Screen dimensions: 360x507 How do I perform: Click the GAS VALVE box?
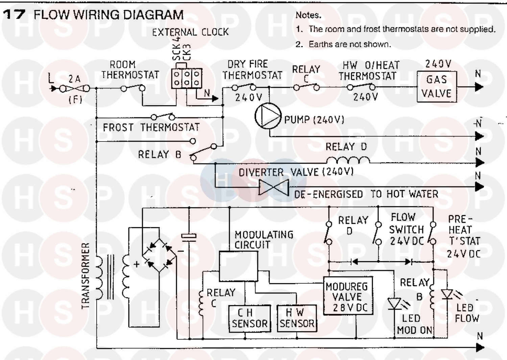[x=436, y=86]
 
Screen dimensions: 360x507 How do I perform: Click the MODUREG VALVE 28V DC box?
[x=348, y=296]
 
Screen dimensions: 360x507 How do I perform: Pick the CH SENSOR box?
[x=250, y=318]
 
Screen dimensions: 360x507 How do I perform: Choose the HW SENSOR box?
[x=297, y=318]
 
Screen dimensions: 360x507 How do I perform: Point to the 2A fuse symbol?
[x=75, y=89]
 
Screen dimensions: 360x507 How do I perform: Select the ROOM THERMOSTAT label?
[x=130, y=70]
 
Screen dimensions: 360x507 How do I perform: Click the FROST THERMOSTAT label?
[x=151, y=128]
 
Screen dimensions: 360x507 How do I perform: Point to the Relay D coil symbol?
[x=348, y=160]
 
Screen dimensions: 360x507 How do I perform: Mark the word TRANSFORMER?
[x=86, y=275]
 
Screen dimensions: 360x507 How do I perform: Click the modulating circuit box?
[x=238, y=266]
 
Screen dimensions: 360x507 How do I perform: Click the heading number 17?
[x=14, y=15]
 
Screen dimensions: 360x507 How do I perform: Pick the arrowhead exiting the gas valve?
[x=479, y=87]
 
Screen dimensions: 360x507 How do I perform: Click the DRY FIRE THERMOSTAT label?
[x=252, y=70]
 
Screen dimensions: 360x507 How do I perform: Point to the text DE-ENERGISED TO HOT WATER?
[x=366, y=195]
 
